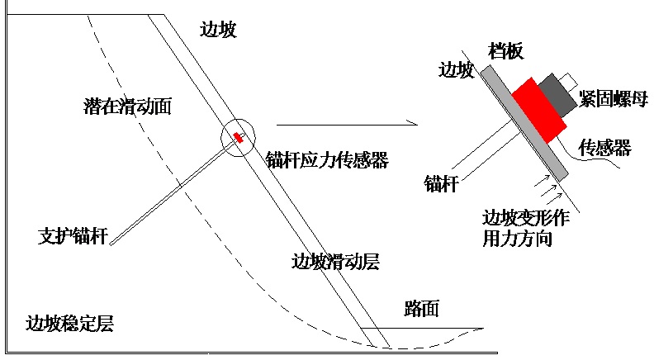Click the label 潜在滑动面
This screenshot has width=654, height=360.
click(128, 106)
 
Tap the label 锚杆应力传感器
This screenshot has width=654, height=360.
click(328, 159)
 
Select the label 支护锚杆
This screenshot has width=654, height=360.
click(73, 235)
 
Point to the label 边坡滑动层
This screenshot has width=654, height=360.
click(335, 262)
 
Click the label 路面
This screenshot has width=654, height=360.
click(422, 309)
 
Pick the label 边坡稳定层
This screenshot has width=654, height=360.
click(69, 324)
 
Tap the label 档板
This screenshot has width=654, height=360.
click(505, 51)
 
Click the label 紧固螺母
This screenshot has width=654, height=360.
click(613, 99)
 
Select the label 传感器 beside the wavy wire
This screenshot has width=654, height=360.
click(604, 148)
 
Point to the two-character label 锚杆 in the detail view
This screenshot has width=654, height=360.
click(442, 183)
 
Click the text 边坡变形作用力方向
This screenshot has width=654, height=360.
click(526, 228)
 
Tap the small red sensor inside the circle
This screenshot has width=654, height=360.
click(238, 137)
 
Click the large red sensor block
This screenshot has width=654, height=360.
click(539, 110)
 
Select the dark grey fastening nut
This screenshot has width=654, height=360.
click(557, 95)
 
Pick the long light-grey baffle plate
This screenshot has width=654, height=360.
click(524, 123)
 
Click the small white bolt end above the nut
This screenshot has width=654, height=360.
click(568, 82)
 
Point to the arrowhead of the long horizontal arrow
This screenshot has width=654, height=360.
click(417, 125)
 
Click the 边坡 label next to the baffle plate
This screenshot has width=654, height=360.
click(456, 69)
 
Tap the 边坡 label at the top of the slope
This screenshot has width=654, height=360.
click(218, 30)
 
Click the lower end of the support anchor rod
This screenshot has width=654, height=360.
click(111, 244)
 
